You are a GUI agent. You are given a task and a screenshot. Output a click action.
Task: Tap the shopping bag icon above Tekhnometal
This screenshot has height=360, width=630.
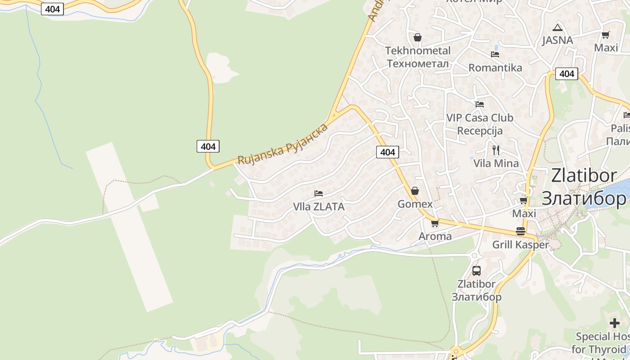(418, 37)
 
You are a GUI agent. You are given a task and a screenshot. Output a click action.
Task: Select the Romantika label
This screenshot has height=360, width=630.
(495, 67)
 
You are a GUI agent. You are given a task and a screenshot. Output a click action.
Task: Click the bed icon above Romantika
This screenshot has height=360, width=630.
(495, 54)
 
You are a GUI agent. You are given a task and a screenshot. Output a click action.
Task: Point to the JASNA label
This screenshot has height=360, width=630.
(557, 40)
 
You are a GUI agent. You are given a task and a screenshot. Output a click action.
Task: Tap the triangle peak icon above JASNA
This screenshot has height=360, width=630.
(558, 27)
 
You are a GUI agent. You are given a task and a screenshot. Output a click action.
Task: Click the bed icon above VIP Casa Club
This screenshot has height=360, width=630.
(480, 104)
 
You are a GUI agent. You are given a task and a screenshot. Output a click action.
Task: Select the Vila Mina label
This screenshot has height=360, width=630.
(496, 163)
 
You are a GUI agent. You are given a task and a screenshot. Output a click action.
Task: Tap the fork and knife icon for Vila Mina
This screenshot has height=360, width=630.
(496, 150)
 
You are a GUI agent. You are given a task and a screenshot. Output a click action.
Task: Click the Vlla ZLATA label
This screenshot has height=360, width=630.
(319, 207)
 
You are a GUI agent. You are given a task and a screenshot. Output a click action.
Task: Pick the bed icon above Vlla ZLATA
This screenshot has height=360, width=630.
(319, 193)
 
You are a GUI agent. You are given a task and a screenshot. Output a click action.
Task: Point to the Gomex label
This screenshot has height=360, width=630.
(415, 204)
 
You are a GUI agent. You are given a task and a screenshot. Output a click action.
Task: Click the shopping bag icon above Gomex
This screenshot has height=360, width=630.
(415, 191)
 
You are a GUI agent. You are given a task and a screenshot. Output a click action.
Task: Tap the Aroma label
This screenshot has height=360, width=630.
(435, 236)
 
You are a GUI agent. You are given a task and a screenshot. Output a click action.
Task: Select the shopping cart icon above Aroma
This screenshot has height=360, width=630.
(435, 223)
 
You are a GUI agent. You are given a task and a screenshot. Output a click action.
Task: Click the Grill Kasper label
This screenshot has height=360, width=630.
(521, 245)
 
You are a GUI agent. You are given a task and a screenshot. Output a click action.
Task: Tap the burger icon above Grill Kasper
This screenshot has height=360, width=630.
(521, 231)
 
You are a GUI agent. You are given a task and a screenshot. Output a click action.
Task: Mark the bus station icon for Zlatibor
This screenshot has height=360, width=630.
(477, 271)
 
